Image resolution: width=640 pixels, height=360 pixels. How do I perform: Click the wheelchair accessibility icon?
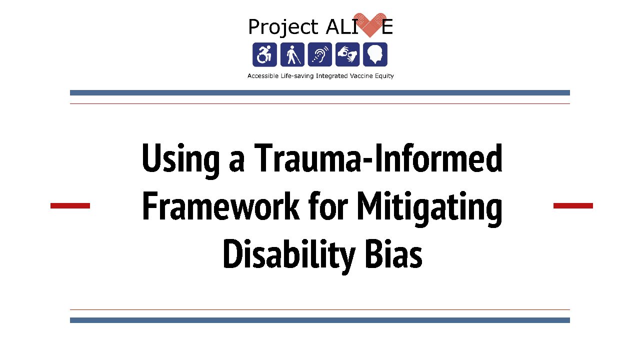click(x=264, y=54)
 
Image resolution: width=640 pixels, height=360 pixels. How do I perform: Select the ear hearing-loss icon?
click(x=320, y=54)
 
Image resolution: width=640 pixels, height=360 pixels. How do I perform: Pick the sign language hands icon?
click(x=347, y=54)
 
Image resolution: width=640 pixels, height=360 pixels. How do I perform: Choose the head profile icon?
click(x=375, y=54)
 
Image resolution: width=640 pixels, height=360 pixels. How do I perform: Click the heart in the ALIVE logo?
click(x=370, y=25)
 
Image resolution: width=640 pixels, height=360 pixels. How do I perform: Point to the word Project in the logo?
click(x=283, y=27)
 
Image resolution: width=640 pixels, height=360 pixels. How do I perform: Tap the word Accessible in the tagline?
click(x=263, y=76)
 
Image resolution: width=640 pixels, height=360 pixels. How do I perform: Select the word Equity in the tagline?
click(x=384, y=76)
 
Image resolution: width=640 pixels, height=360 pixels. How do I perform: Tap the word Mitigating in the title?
click(x=429, y=208)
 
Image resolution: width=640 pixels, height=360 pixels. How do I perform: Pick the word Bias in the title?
click(x=393, y=253)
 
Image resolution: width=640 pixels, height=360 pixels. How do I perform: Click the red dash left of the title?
click(x=70, y=205)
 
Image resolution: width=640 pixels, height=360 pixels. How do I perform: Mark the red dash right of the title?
click(x=573, y=205)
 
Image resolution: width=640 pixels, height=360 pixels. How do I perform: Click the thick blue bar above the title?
click(x=320, y=93)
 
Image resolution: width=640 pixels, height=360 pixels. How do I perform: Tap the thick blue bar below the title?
click(x=320, y=320)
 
